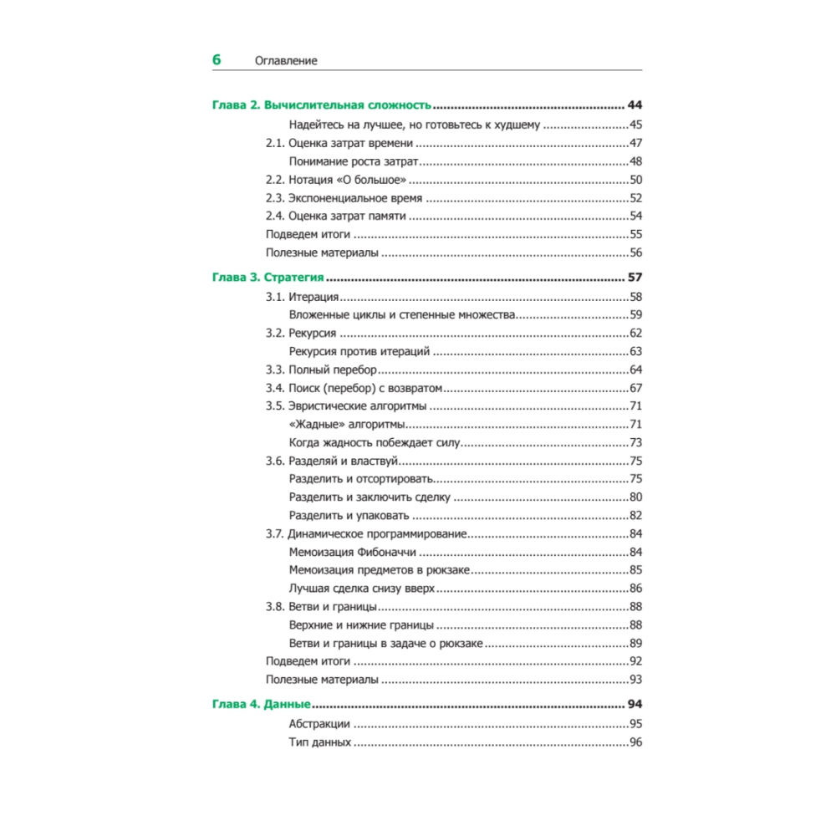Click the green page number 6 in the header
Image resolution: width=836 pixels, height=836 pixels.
(217, 59)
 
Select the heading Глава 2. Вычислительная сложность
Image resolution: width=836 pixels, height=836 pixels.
(322, 105)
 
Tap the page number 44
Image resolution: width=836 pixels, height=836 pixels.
(635, 105)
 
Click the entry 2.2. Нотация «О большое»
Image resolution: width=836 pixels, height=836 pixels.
(336, 180)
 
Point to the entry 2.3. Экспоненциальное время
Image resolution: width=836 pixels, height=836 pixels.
(344, 198)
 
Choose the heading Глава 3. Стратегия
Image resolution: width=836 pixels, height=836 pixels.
(268, 278)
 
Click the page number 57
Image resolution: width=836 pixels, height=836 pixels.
(635, 278)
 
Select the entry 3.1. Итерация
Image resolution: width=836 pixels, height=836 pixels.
(302, 297)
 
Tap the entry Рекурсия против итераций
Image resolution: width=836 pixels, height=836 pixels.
(359, 351)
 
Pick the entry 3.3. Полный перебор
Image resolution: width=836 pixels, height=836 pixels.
(321, 370)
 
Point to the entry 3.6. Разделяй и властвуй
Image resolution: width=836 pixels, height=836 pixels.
(330, 461)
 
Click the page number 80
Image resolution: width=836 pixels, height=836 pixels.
(635, 497)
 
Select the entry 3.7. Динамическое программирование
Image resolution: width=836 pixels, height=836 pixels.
(365, 534)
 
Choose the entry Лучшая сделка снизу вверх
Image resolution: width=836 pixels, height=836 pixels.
(362, 589)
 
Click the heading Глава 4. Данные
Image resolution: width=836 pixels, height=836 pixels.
(261, 704)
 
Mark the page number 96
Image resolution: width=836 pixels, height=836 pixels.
(635, 742)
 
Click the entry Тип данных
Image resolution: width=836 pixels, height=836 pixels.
(319, 742)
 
